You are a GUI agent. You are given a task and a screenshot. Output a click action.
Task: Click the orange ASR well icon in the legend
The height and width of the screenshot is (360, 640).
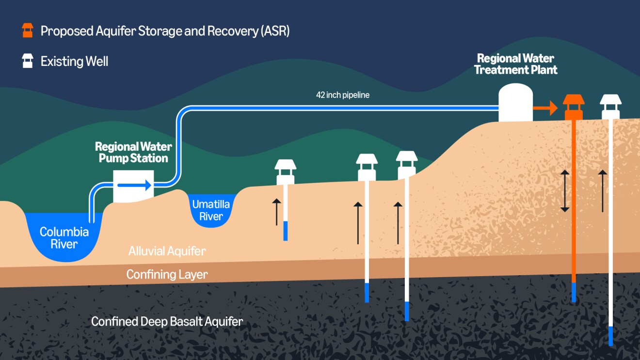[28, 31]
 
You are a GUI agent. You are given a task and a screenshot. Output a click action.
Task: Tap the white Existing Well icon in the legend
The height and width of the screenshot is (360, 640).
[28, 61]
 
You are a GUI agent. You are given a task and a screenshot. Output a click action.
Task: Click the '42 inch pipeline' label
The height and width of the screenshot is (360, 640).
[342, 95]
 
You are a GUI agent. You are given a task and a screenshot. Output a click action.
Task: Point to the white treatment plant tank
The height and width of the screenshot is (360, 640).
[516, 103]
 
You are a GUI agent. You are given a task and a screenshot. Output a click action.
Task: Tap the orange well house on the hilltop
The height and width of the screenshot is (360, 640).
[574, 106]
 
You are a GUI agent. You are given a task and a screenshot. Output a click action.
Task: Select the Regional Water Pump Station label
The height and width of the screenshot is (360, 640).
[133, 152]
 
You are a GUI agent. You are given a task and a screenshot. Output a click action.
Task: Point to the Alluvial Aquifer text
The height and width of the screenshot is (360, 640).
[167, 251]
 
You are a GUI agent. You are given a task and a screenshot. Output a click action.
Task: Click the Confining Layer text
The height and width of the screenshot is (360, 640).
[167, 274]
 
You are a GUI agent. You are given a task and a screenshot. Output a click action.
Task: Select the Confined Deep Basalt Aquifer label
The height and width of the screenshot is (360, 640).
[167, 321]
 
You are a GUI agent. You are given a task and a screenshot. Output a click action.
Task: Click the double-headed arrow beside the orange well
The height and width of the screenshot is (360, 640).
[565, 191]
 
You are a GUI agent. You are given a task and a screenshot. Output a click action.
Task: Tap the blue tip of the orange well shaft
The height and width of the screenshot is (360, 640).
[574, 292]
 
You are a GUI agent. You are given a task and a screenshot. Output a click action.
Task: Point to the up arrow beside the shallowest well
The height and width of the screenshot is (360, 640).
[276, 212]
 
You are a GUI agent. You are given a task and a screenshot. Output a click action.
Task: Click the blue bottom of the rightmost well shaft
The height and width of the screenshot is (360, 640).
[610, 336]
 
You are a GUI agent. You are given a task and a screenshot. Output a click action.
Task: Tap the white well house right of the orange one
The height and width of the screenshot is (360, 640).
[610, 106]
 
